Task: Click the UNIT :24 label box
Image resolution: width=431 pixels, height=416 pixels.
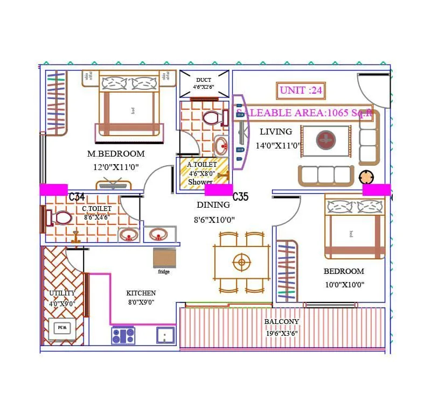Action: [301, 90]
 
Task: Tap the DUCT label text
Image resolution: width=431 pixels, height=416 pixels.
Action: [204, 80]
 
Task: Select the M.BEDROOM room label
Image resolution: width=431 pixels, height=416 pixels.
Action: [116, 154]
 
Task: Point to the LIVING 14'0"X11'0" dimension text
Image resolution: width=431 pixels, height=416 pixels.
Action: [277, 145]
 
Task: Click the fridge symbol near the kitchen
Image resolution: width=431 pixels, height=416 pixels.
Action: [164, 258]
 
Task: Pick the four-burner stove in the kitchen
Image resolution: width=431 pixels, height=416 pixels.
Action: [123, 335]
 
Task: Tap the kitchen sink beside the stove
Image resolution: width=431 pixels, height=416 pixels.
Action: [165, 335]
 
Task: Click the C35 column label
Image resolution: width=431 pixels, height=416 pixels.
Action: [240, 196]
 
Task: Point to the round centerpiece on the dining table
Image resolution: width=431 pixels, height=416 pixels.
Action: [242, 263]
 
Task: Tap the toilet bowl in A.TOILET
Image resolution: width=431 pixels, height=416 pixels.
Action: [211, 117]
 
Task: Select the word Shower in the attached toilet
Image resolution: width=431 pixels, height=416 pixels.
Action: [200, 182]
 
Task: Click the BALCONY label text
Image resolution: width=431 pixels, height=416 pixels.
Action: [281, 322]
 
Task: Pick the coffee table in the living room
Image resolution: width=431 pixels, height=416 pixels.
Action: [325, 141]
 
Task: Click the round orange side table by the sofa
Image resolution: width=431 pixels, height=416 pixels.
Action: [366, 177]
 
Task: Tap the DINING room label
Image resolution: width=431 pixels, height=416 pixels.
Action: [213, 205]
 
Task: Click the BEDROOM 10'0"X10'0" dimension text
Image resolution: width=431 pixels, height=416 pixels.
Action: [344, 284]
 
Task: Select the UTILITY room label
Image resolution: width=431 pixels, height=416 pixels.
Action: [62, 293]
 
